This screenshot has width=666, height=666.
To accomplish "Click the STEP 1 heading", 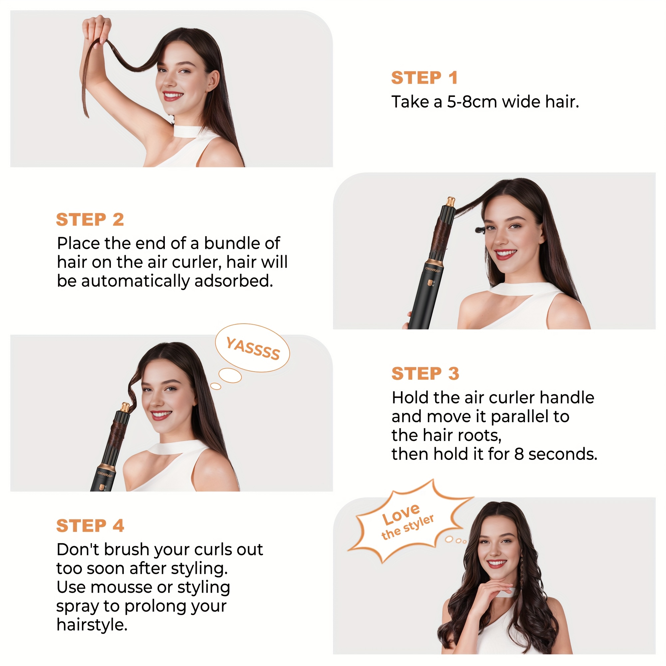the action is pyautogui.click(x=424, y=78).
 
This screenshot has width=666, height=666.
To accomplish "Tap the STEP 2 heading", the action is pyautogui.click(x=90, y=219).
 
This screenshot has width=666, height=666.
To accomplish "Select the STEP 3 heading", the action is pyautogui.click(x=425, y=374).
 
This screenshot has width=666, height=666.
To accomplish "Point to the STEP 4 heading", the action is pyautogui.click(x=90, y=526).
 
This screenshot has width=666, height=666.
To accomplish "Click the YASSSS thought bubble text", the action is pyautogui.click(x=253, y=349).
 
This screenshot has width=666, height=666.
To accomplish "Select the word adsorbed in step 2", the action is pyautogui.click(x=234, y=281).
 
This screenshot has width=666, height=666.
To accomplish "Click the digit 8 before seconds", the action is pyautogui.click(x=519, y=454).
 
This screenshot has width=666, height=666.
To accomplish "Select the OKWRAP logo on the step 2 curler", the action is pyautogui.click(x=433, y=269).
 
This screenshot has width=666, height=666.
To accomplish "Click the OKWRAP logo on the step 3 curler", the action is pyautogui.click(x=105, y=474).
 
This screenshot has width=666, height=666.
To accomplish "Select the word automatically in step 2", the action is pyautogui.click(x=135, y=281).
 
